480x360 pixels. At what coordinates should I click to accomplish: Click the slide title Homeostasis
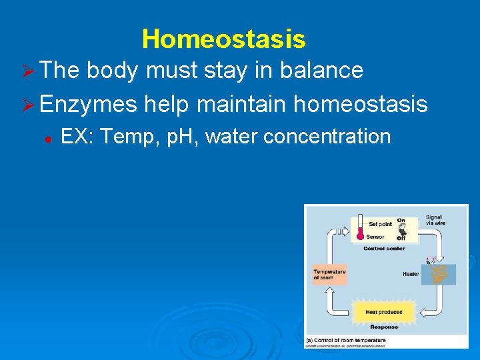[224, 39]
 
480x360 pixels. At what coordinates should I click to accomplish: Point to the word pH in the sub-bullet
[181, 137]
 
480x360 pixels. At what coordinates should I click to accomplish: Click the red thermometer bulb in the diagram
[360, 235]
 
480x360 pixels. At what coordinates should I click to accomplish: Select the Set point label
[381, 225]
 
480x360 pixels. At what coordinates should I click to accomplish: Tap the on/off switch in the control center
[401, 229]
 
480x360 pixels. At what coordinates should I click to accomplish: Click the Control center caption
[383, 249]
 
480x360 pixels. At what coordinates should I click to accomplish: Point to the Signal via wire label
[435, 220]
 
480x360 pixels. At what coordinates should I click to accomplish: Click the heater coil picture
[440, 274]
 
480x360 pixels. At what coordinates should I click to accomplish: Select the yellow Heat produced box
[383, 312]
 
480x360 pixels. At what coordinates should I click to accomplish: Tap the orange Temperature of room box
[329, 274]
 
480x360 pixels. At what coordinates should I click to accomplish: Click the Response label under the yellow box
[383, 327]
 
